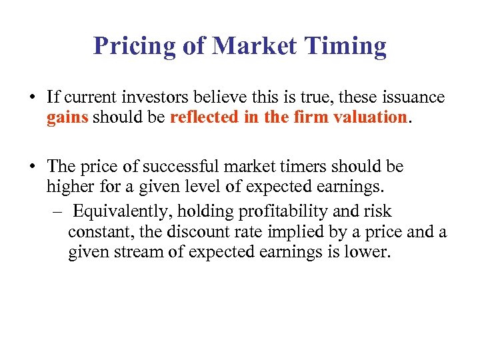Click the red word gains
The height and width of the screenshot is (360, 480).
[x=67, y=119]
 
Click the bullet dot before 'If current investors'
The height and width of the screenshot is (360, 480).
[x=33, y=97]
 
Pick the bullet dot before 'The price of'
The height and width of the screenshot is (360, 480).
[x=33, y=167]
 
